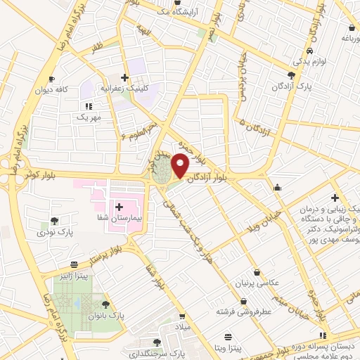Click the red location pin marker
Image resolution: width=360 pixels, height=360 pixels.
[x=180, y=165]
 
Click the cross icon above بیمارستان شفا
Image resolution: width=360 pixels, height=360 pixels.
[x=119, y=207]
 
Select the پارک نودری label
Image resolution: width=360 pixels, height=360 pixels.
[x=55, y=231]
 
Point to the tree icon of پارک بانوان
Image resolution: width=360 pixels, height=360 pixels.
[x=105, y=304]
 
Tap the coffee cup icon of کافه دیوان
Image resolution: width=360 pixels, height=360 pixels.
[x=51, y=79]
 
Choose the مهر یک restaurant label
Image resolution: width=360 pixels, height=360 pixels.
[x=89, y=117]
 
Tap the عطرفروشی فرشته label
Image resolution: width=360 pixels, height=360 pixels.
[x=243, y=311]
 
